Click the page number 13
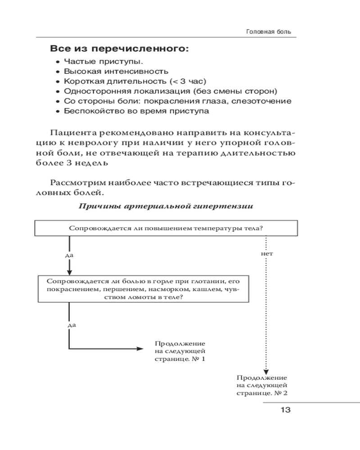tap(285, 409)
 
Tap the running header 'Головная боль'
tap(269, 32)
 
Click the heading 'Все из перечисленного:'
tap(119, 48)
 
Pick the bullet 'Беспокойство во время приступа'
tap(136, 111)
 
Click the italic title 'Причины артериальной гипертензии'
tap(166, 207)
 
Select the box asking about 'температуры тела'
tap(166, 228)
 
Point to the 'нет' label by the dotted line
tap(267, 254)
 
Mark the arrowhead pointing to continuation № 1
tap(138, 349)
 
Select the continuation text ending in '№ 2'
tap(261, 386)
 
